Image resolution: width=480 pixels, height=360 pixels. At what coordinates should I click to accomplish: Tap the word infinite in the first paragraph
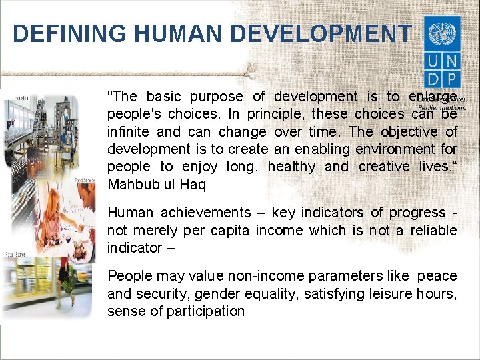click(129, 132)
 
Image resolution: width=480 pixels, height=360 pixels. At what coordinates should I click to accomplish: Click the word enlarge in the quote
click(433, 97)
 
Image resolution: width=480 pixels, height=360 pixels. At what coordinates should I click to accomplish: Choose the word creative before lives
click(387, 167)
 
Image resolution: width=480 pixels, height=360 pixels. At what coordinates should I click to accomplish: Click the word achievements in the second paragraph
click(205, 213)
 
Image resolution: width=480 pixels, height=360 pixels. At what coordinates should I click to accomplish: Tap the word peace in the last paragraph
click(437, 276)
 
